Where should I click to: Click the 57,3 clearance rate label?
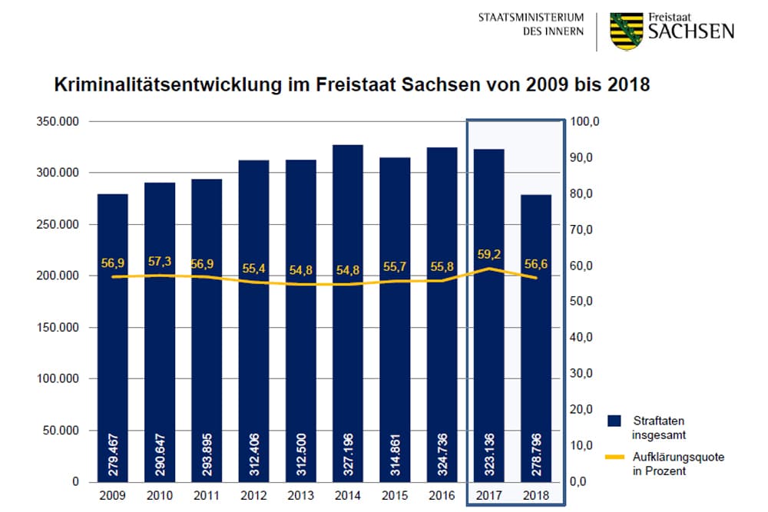point(160,262)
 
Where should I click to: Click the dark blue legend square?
point(614,421)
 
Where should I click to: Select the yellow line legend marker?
point(614,457)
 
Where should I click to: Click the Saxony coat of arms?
point(626,31)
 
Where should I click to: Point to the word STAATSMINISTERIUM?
point(531,18)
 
